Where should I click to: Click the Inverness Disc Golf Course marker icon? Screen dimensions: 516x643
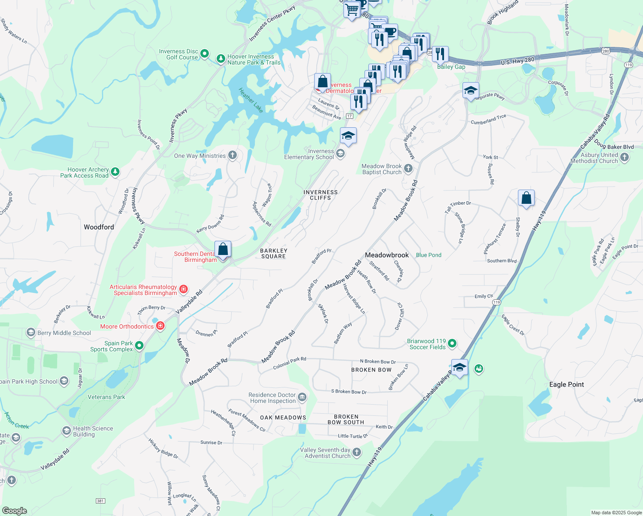(x=205, y=54)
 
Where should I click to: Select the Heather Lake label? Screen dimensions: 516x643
(x=251, y=100)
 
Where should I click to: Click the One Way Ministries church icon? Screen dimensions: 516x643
(x=233, y=155)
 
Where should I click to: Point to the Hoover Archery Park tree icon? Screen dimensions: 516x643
(x=115, y=172)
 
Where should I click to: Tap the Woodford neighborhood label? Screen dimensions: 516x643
(x=99, y=227)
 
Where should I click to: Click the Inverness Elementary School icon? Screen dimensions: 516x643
(x=340, y=154)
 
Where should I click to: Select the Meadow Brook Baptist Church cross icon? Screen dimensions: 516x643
(x=408, y=169)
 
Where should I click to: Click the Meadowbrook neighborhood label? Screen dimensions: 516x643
(x=387, y=255)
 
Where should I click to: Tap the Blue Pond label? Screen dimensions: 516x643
(x=429, y=255)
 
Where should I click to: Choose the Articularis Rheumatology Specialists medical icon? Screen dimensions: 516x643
(x=184, y=289)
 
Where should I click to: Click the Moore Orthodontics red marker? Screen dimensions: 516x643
(x=160, y=326)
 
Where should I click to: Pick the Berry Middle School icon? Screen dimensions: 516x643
(x=31, y=332)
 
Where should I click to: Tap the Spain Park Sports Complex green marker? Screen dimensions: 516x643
(x=139, y=345)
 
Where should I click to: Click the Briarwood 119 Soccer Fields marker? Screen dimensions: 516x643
(x=452, y=343)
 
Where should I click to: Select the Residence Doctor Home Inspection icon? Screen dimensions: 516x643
(x=302, y=397)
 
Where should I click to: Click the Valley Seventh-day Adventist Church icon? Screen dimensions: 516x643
(x=357, y=452)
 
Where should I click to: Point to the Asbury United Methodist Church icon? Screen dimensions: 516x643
(x=625, y=157)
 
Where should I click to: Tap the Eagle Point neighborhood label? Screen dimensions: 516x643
(x=566, y=384)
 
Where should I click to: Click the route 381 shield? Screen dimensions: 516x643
(x=100, y=501)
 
